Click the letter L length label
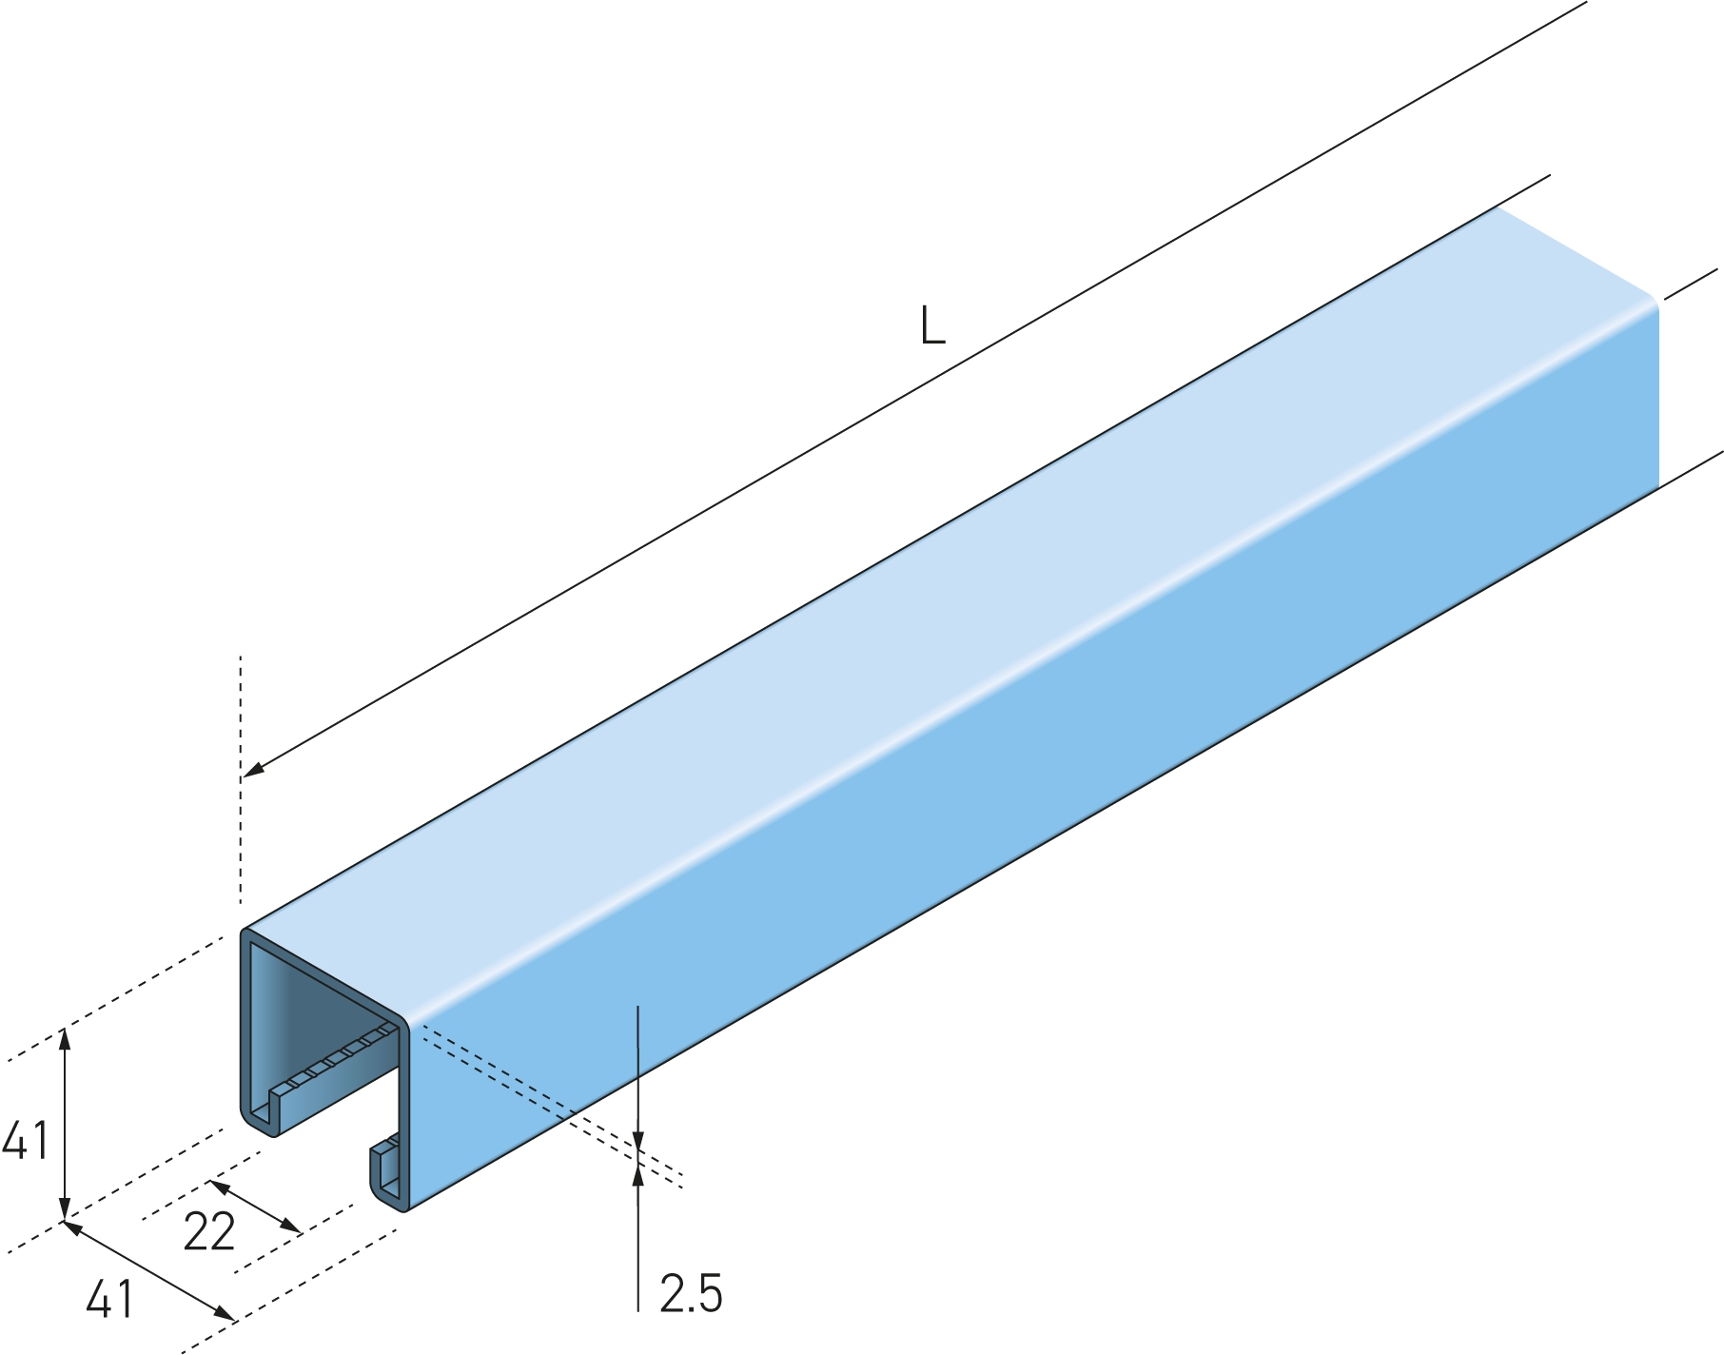(932, 325)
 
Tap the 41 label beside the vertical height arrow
(26, 1140)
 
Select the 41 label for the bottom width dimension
(109, 1299)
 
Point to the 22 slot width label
(209, 1232)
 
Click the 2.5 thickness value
(691, 1294)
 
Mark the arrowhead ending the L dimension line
(254, 769)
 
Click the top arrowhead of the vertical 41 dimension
(65, 1038)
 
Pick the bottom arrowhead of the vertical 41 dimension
(65, 1209)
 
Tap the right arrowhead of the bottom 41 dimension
(225, 1314)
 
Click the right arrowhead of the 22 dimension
(290, 1227)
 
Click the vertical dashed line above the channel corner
(242, 779)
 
